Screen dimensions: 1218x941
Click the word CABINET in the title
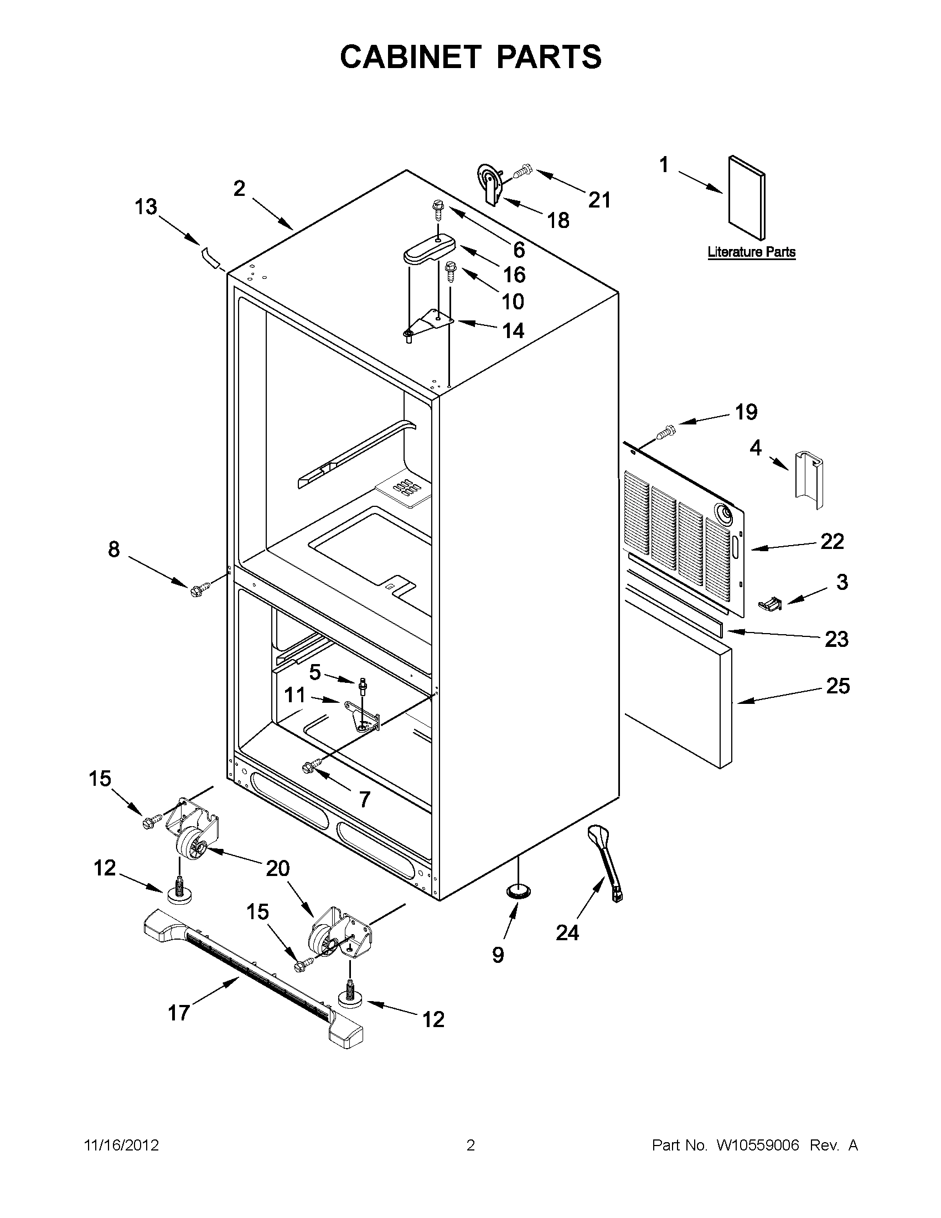(410, 57)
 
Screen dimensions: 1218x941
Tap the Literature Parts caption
(751, 252)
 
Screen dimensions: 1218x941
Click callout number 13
(146, 208)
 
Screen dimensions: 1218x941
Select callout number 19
(746, 412)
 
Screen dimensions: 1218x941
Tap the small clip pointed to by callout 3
(771, 603)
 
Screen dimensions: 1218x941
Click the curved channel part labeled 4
(809, 479)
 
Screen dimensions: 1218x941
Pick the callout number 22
(831, 541)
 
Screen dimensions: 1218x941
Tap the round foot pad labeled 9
(519, 890)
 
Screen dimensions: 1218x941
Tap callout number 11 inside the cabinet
(295, 695)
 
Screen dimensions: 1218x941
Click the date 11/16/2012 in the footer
(121, 1146)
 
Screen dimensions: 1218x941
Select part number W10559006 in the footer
(757, 1146)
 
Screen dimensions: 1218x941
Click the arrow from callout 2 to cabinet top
(274, 213)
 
